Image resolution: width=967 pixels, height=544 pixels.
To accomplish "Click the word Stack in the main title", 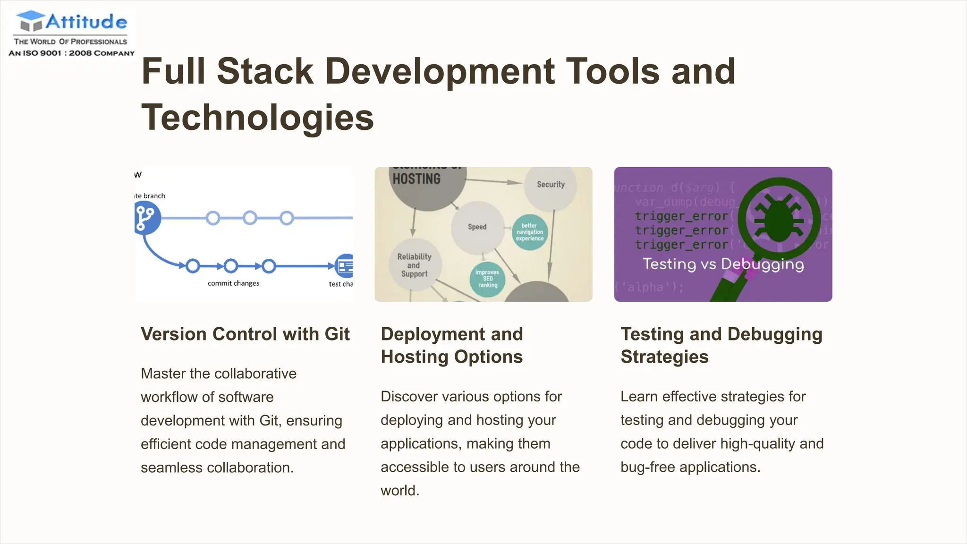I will click(265, 71).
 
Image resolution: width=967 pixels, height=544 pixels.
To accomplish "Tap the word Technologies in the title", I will click(257, 118).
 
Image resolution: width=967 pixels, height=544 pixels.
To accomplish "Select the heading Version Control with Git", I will click(245, 334).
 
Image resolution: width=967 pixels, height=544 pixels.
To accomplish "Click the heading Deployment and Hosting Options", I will click(451, 345).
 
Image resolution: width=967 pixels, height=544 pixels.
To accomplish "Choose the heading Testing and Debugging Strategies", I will click(721, 345).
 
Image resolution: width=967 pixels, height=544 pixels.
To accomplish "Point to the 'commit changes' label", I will click(233, 283).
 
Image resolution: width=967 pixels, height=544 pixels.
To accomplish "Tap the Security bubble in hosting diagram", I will click(551, 185).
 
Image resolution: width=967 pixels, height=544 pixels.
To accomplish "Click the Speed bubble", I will click(477, 227).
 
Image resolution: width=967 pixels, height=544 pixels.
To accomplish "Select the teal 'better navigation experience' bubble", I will click(529, 232).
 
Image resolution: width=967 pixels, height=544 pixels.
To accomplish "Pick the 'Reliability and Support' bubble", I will click(414, 265).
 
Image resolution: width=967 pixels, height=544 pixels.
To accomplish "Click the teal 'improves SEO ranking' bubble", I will click(487, 279).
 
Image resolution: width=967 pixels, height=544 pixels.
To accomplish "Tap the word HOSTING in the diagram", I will click(416, 179).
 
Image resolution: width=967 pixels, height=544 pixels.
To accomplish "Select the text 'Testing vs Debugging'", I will click(723, 264).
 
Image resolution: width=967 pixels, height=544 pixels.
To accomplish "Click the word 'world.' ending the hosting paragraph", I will click(400, 491).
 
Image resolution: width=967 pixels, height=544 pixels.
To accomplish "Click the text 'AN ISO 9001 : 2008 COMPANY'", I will click(72, 53).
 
